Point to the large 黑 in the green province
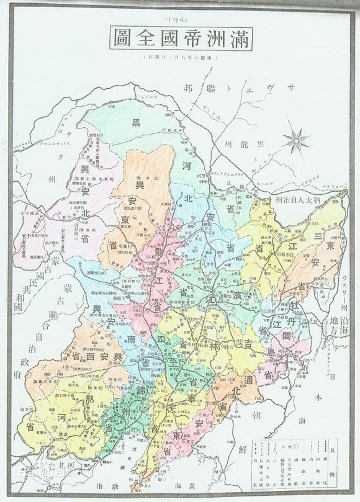[135, 123]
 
